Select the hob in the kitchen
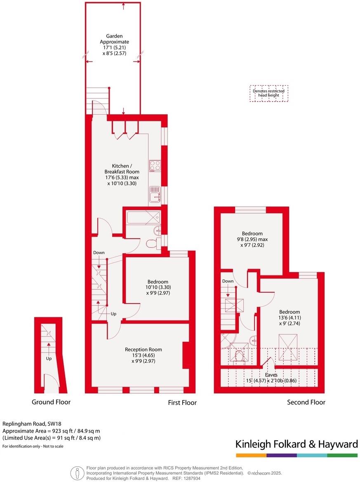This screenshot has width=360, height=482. click(155, 165)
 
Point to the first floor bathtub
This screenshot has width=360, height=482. click(143, 217)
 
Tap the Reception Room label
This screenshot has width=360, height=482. click(140, 349)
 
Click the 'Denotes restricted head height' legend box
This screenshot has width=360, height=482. click(269, 93)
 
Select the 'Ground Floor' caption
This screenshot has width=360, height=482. click(51, 402)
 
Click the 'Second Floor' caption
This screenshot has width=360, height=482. click(306, 402)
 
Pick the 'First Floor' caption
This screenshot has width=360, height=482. click(182, 402)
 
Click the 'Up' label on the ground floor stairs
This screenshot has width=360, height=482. click(49, 358)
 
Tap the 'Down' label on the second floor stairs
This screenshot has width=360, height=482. click(228, 281)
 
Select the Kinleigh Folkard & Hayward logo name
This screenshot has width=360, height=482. click(296, 444)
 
